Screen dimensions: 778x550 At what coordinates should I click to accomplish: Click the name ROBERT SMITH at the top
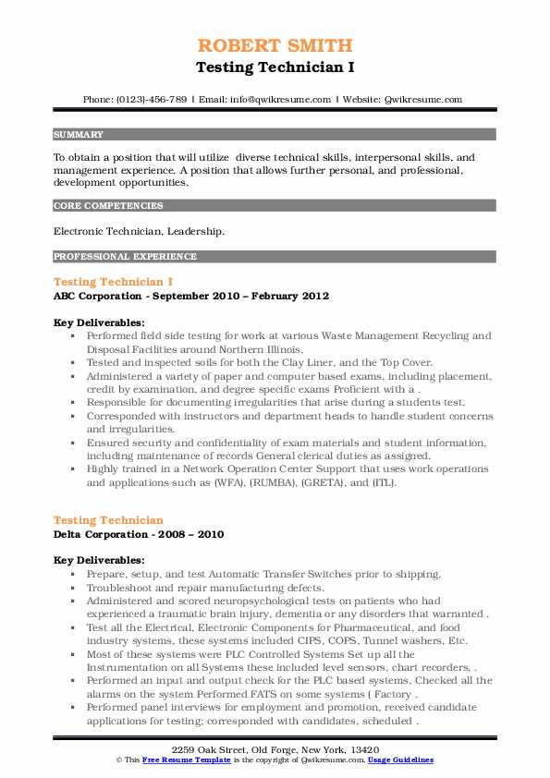[x=275, y=45]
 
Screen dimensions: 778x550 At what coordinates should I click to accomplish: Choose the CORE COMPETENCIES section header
[x=108, y=206]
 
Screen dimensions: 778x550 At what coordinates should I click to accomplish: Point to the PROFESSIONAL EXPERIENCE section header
[x=124, y=256]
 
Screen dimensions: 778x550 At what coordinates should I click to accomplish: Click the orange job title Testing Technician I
[x=114, y=281]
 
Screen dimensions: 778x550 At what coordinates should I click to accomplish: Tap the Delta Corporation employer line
[x=139, y=534]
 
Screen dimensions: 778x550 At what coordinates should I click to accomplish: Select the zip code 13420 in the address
[x=365, y=748]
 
